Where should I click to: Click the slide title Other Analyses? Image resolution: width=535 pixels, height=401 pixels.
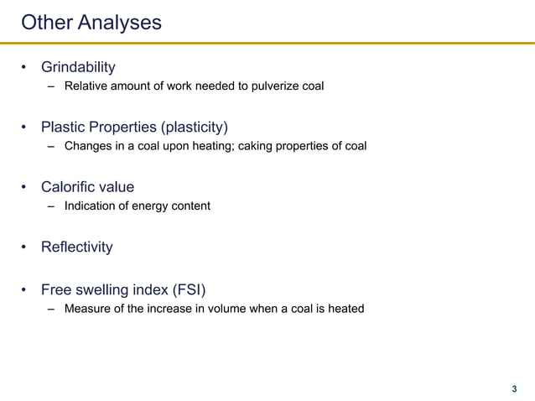pos(91,23)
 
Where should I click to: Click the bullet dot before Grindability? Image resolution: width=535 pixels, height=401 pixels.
pos(25,67)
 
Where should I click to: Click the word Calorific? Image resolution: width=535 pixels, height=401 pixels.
pos(71,187)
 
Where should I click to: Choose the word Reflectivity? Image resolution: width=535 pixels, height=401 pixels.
pos(77,247)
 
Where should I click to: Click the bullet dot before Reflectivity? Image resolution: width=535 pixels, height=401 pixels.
pos(25,248)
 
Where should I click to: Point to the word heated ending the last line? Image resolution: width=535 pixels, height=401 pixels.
pos(345,309)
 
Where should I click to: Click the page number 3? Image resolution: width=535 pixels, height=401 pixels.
pos(514,389)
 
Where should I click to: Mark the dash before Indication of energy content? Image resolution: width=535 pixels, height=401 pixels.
pos(51,206)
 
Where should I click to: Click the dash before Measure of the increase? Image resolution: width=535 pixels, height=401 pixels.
pos(51,309)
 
